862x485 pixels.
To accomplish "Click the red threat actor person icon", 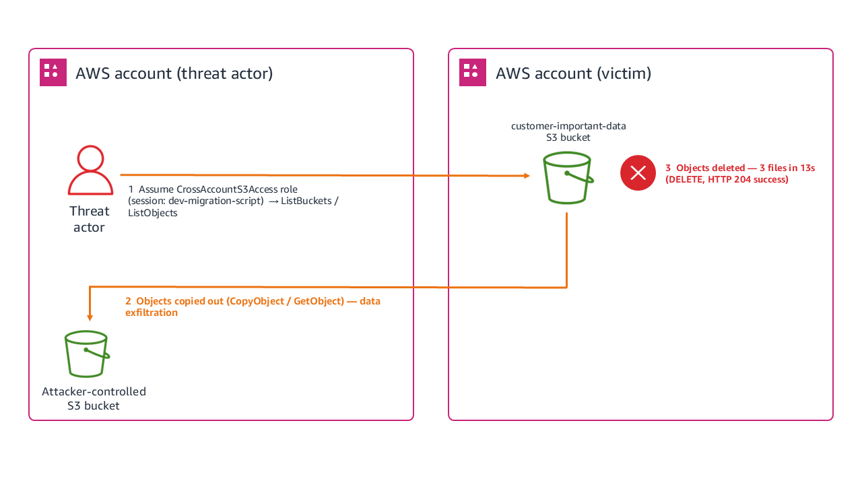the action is (90, 170).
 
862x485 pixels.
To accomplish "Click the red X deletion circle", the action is (638, 173).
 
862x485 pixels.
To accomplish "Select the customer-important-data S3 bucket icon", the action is (568, 178).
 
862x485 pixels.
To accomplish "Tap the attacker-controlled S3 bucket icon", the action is (87, 354).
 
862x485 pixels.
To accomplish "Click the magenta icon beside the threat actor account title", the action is (53, 72).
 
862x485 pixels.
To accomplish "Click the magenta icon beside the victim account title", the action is (473, 72).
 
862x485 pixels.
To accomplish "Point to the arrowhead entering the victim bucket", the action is (527, 176).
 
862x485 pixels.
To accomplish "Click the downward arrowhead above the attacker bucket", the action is (90, 318).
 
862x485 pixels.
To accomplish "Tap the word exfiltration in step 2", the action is (152, 313).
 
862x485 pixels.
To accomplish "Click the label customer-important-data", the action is (568, 126).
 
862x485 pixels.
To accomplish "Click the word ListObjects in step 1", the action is (153, 213).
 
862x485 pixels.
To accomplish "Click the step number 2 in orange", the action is (128, 301).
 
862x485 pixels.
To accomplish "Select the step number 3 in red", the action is (668, 168).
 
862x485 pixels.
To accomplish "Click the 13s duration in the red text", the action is (807, 168).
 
